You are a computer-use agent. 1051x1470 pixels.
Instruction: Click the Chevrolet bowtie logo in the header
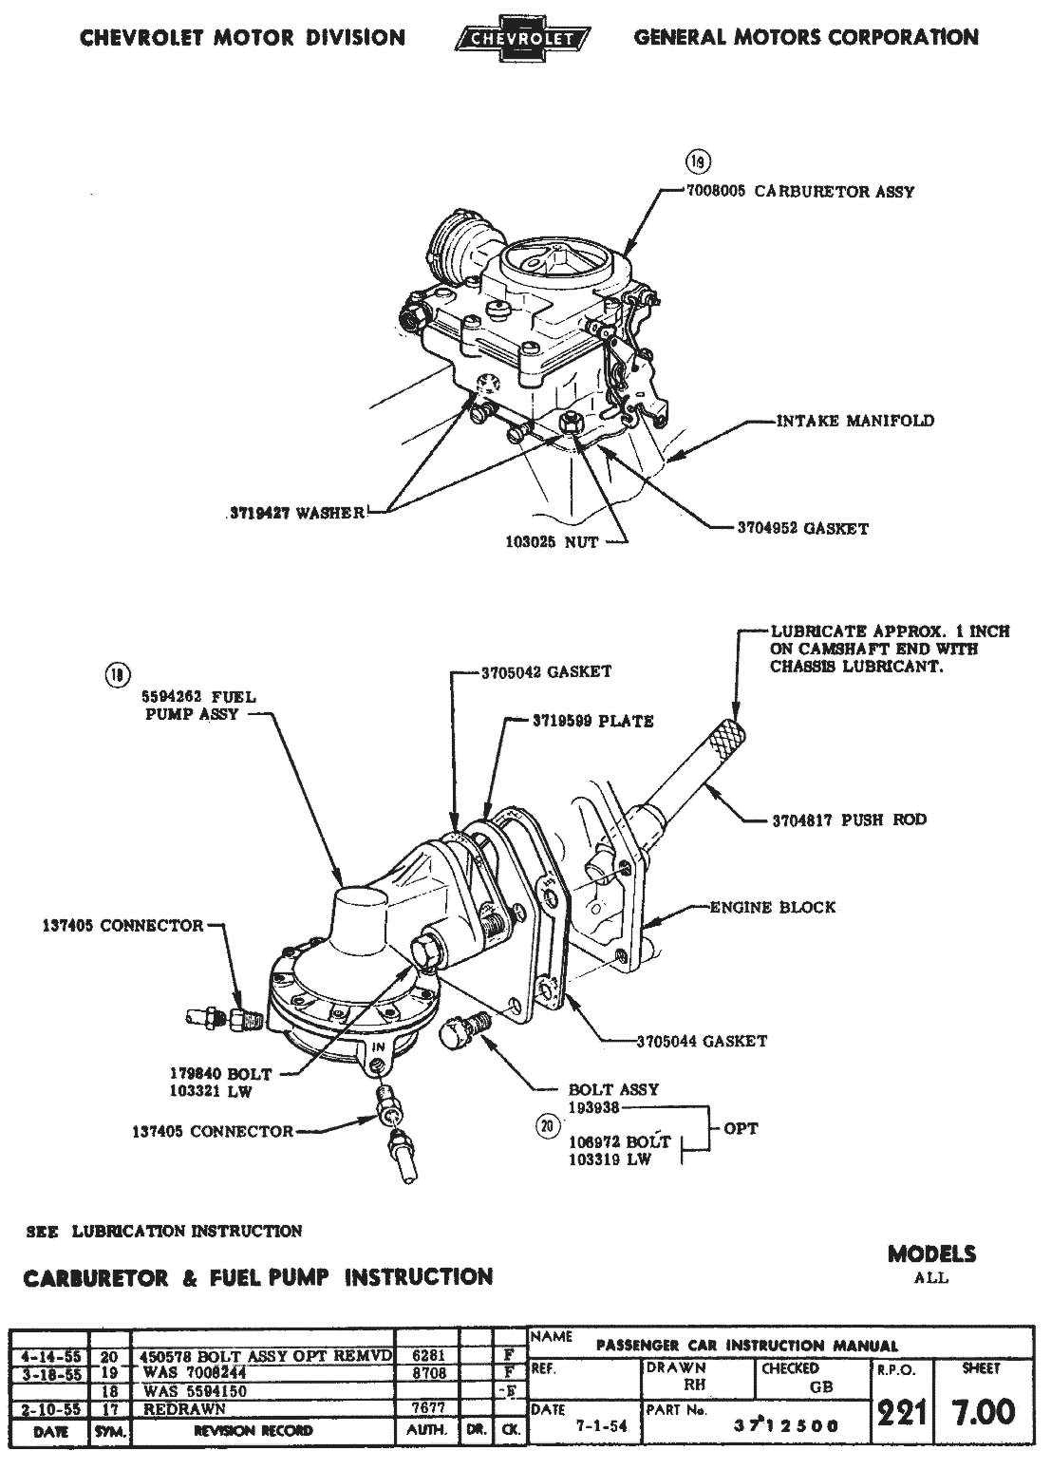[x=523, y=39]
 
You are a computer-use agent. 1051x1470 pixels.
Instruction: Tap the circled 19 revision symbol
[x=700, y=160]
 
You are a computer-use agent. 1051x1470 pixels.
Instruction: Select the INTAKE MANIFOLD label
[x=854, y=421]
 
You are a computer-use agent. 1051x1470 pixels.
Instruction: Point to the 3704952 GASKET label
[x=802, y=528]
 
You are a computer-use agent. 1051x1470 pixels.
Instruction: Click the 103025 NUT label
[x=551, y=543]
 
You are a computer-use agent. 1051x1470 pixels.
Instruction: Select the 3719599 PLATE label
[x=591, y=721]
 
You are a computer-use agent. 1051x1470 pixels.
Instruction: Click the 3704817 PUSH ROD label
[x=849, y=820]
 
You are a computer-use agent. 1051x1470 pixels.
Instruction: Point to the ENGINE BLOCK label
[x=773, y=907]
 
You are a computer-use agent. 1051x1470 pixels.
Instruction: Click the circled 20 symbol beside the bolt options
[x=545, y=1127]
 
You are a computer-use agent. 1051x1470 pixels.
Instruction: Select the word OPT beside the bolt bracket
[x=741, y=1129]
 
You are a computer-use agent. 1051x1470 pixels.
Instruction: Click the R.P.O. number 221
[x=900, y=1414]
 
